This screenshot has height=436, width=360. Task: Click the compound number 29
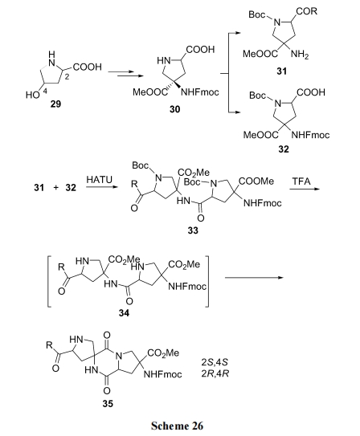(55, 104)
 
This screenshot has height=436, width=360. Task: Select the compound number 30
(174, 109)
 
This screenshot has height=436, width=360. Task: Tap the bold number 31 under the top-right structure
(281, 71)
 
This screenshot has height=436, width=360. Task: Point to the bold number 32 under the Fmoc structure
(284, 149)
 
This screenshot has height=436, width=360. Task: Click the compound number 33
(193, 230)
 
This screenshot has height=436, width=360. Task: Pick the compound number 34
(124, 313)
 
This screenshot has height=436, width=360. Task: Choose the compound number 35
(108, 403)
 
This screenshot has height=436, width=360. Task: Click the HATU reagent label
(100, 180)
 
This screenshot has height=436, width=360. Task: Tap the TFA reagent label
(301, 181)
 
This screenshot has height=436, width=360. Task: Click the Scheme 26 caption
(178, 426)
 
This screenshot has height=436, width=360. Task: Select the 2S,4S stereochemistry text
(215, 362)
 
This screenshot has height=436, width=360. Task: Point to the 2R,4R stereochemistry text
(215, 373)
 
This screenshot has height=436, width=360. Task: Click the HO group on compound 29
(32, 95)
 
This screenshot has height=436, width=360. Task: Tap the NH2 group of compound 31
(300, 55)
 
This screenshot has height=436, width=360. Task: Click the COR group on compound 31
(307, 11)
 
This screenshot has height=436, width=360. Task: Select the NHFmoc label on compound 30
(200, 92)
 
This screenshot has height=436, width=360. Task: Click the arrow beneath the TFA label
(305, 189)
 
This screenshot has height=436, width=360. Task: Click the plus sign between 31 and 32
(56, 188)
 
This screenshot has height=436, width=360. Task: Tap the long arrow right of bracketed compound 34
(254, 278)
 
